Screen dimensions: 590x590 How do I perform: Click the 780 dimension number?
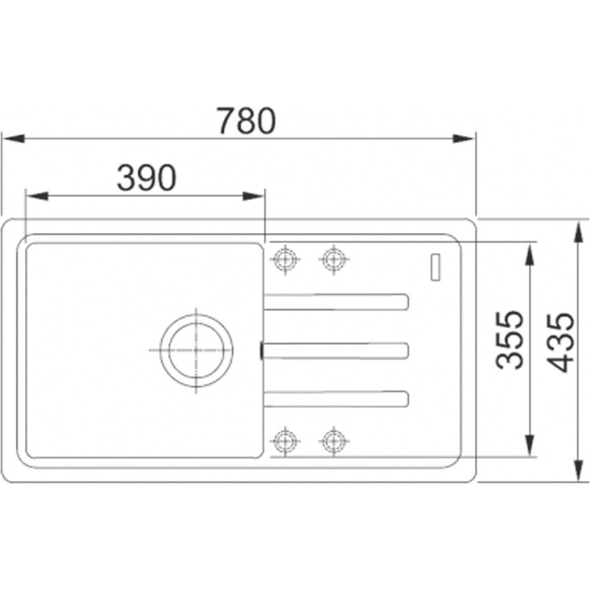(x=247, y=121)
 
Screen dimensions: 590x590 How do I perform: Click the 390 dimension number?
(x=146, y=177)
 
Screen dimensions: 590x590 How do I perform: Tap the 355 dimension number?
(x=510, y=340)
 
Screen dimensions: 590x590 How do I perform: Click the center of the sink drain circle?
(x=196, y=351)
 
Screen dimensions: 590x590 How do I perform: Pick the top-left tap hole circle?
(x=285, y=259)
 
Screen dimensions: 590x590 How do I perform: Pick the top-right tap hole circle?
(x=333, y=259)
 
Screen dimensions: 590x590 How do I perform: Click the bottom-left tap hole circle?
(x=285, y=440)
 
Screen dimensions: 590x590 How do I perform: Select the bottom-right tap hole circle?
(x=333, y=440)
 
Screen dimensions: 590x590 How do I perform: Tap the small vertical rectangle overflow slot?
(x=436, y=267)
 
